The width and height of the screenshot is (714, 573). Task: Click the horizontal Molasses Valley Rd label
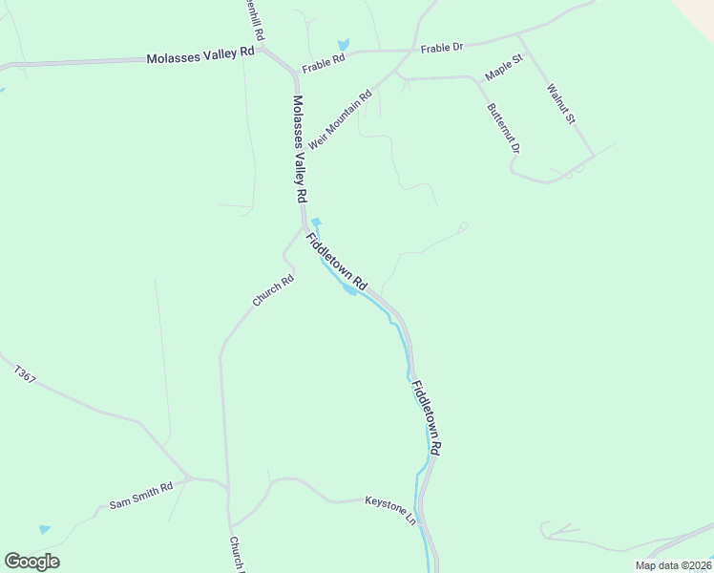(200, 57)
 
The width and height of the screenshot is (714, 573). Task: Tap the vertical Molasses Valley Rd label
(300, 148)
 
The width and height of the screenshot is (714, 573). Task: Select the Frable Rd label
(323, 67)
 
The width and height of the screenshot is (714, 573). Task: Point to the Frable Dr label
(443, 46)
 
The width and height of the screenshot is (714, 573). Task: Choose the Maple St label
(505, 68)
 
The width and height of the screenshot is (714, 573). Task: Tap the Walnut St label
(560, 104)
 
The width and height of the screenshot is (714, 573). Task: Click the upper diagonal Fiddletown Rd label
(336, 261)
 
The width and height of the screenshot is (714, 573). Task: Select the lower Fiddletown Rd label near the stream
(427, 417)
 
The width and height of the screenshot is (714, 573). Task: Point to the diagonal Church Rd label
(273, 290)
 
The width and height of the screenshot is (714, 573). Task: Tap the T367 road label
(26, 372)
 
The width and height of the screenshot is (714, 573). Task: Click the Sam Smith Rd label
(140, 494)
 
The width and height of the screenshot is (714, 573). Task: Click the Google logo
(31, 562)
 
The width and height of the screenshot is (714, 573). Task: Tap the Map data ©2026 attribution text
(673, 565)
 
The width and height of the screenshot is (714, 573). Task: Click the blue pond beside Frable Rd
(343, 45)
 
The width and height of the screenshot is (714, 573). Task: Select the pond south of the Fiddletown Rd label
(349, 289)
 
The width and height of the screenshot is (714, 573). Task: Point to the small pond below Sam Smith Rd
(44, 529)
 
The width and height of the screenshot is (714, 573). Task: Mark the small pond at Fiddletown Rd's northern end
(316, 223)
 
